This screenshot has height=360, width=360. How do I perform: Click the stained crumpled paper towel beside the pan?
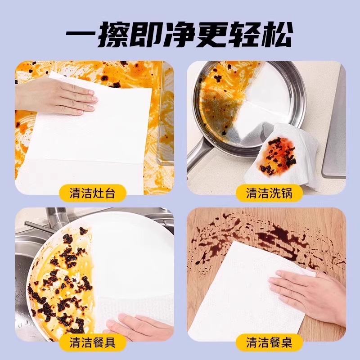pos(283,153)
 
